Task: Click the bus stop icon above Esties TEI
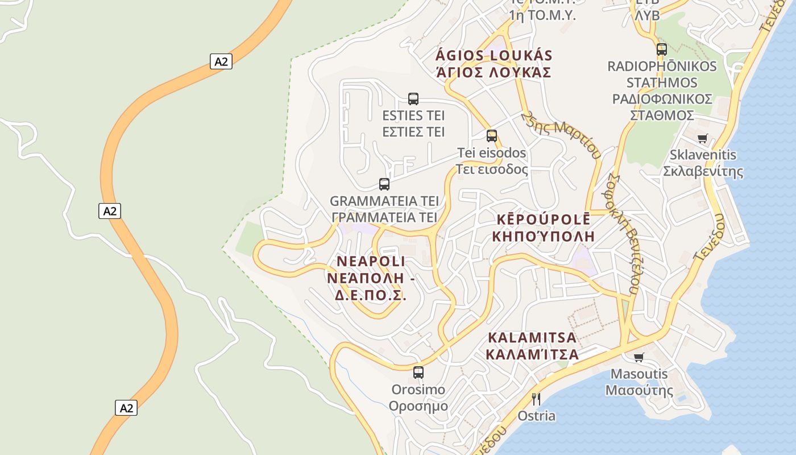pyautogui.click(x=413, y=98)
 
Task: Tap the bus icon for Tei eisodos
pyautogui.click(x=492, y=135)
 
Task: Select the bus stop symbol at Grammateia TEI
pyautogui.click(x=384, y=184)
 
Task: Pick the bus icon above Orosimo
pyautogui.click(x=418, y=373)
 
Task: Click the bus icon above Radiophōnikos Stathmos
pyautogui.click(x=662, y=49)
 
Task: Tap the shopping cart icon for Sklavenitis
pyautogui.click(x=703, y=138)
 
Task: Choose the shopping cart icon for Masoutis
pyautogui.click(x=639, y=357)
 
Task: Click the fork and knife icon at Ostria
pyautogui.click(x=536, y=399)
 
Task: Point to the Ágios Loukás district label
pyautogui.click(x=494, y=64)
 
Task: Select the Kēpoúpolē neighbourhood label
pyautogui.click(x=542, y=227)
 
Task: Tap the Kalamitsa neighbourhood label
pyautogui.click(x=532, y=346)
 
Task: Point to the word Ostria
pyautogui.click(x=536, y=416)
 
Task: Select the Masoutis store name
pyautogui.click(x=639, y=382)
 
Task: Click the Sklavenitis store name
pyautogui.click(x=703, y=163)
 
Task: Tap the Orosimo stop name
pyautogui.click(x=418, y=398)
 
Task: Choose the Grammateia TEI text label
pyautogui.click(x=384, y=209)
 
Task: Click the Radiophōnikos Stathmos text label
pyautogui.click(x=662, y=90)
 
